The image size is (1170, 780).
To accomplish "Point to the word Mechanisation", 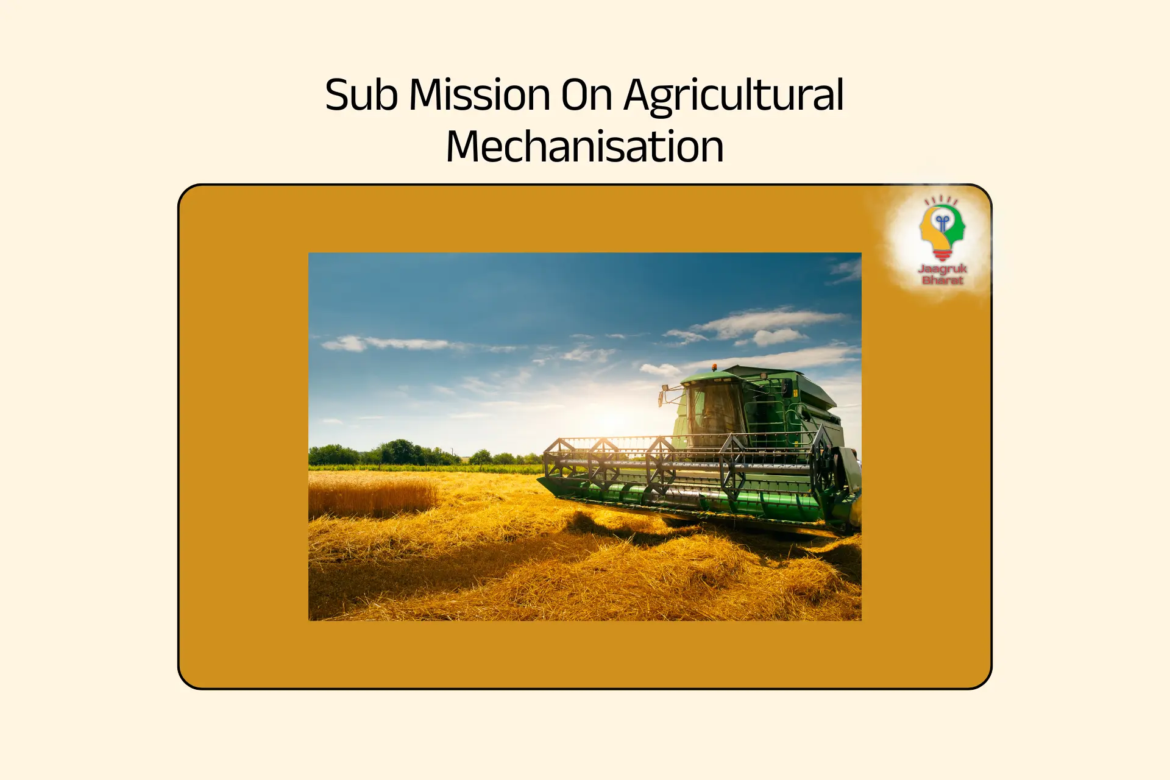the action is pos(585,146).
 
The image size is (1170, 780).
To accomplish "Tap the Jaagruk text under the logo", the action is pos(942,269).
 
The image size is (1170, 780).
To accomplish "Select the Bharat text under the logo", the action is pos(943,280).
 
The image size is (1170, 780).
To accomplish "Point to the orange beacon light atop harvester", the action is pos(714,367).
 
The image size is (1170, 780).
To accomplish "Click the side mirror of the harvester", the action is pos(662,398).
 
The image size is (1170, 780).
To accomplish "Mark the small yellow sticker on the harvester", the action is pos(795,393).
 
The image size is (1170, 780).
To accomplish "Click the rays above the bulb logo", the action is pos(941,200).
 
